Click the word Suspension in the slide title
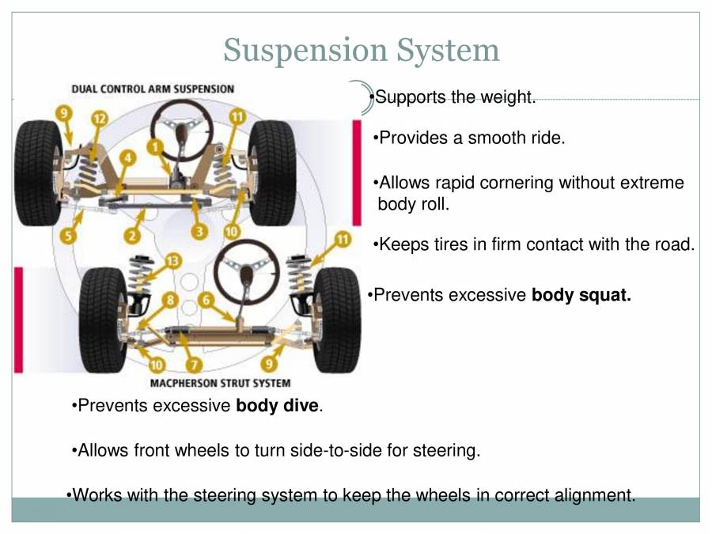[304, 50]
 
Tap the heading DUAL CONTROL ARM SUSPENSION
[153, 89]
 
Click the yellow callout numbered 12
[99, 118]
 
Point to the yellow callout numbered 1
[155, 146]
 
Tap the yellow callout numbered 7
[195, 365]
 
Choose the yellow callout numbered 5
[69, 235]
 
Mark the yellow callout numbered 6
[206, 300]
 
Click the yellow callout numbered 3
[199, 232]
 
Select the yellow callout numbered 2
[131, 235]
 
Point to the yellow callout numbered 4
[127, 158]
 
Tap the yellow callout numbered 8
[170, 300]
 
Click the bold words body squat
[581, 295]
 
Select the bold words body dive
[277, 407]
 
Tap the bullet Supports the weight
[455, 97]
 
